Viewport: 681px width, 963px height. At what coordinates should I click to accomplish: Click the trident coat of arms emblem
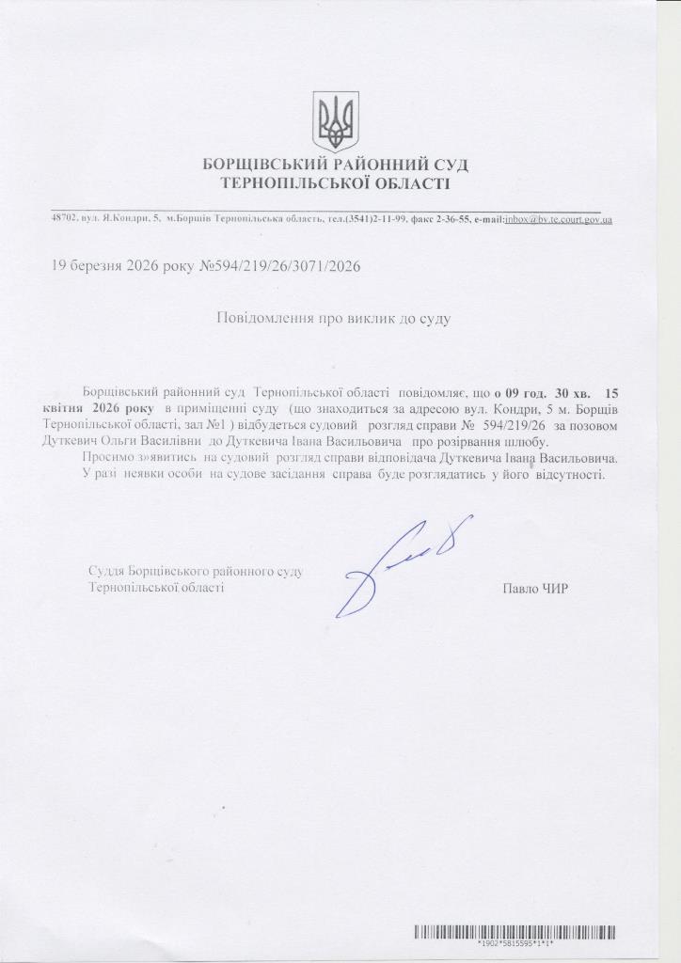336,121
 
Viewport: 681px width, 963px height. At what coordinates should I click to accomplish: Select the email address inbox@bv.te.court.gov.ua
558,219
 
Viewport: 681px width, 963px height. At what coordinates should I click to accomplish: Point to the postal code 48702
63,219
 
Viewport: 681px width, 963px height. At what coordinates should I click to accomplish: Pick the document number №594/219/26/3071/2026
279,266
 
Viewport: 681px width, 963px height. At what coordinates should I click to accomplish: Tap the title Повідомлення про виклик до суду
334,318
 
